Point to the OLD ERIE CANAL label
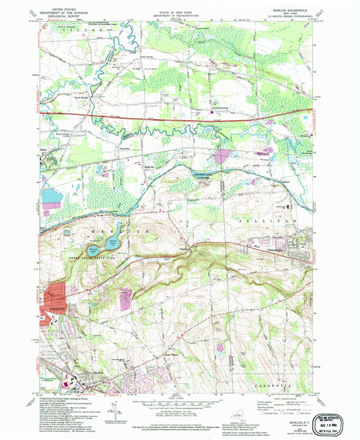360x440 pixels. coord(204,174)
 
